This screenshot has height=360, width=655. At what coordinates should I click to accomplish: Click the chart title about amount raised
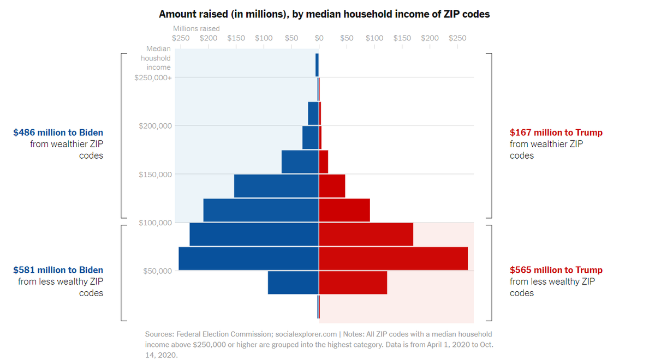(324, 14)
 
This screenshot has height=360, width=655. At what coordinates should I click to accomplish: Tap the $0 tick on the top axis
(319, 38)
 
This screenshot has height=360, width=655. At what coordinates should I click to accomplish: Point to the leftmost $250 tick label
(181, 38)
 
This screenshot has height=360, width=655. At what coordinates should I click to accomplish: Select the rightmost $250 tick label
(457, 38)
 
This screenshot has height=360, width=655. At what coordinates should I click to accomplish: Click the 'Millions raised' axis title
(196, 28)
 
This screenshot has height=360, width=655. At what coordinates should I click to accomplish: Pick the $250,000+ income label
(153, 77)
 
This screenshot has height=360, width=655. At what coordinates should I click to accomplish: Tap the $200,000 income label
(155, 126)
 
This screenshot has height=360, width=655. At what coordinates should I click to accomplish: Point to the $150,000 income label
(155, 175)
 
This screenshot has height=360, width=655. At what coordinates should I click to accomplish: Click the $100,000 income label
(155, 223)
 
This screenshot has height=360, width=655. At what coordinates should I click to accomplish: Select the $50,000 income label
(157, 271)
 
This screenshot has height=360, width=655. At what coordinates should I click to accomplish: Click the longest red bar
(393, 259)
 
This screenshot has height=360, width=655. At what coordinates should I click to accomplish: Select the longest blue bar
(249, 259)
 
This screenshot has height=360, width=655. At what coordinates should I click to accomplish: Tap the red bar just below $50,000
(353, 283)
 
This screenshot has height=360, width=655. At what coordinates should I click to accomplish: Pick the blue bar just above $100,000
(261, 210)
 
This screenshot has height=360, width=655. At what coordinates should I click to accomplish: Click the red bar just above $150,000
(323, 161)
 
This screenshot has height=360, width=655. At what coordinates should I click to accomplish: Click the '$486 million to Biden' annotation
(58, 133)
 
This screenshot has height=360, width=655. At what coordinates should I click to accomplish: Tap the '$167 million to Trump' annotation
(556, 133)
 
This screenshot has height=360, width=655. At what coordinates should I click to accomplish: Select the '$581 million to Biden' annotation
(58, 270)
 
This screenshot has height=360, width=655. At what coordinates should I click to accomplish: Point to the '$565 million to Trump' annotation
(556, 270)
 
